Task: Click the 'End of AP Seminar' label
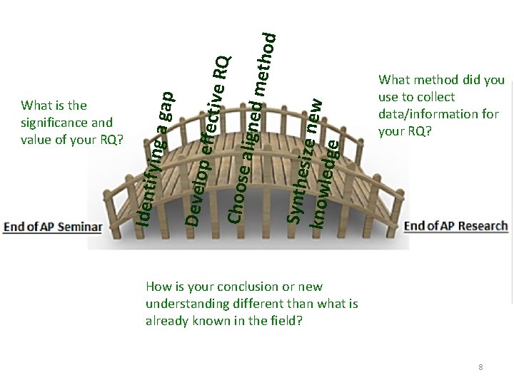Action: coord(54,227)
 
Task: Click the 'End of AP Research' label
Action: coord(456,226)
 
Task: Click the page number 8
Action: coord(480,367)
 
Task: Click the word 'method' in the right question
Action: coord(432,80)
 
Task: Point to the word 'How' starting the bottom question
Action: coord(156,287)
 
